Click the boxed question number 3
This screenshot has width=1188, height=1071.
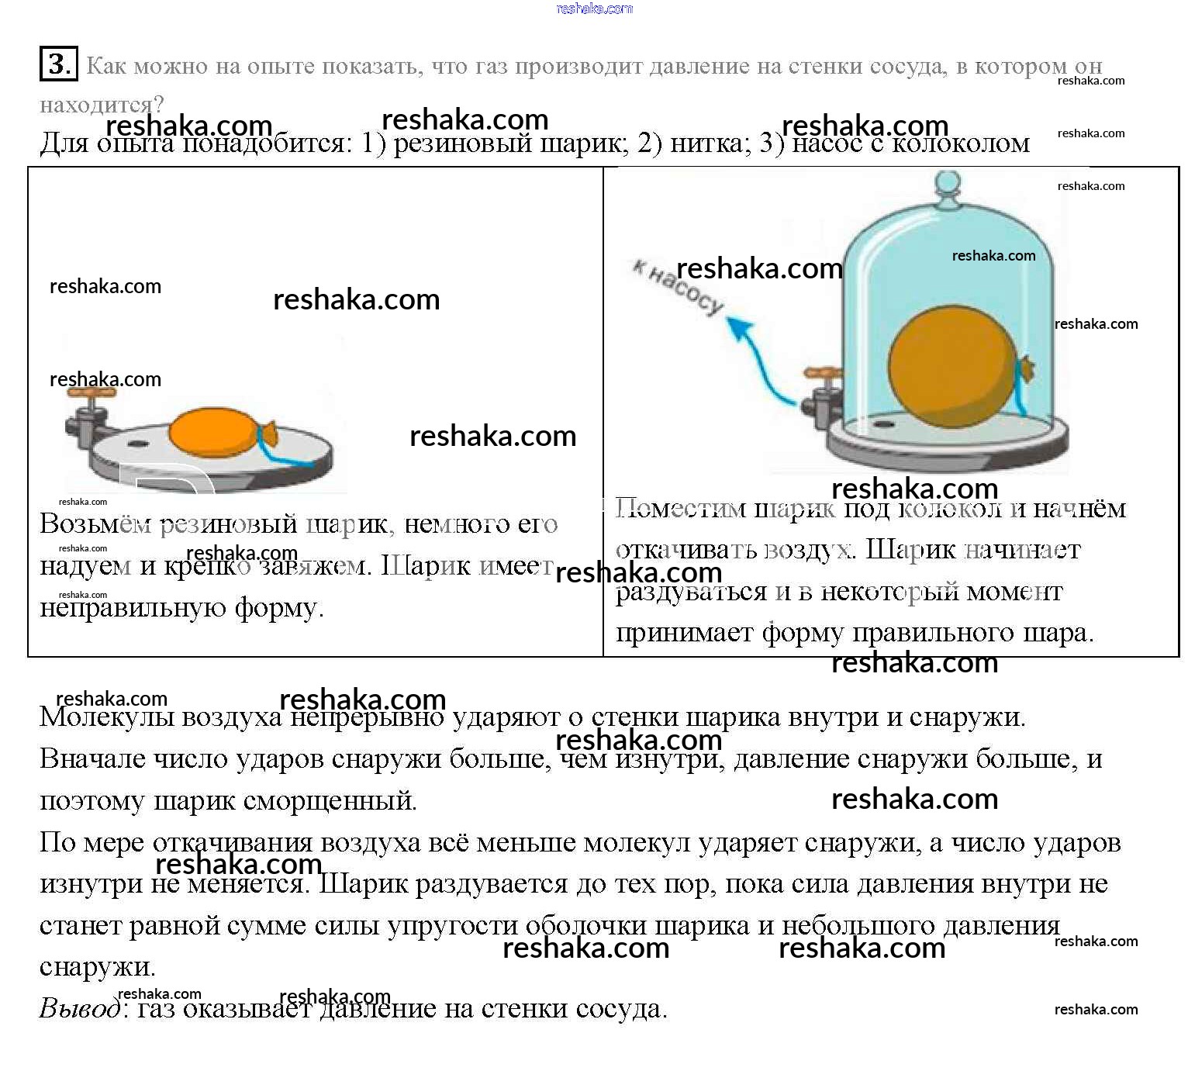click(58, 64)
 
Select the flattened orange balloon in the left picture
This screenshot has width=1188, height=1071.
click(213, 433)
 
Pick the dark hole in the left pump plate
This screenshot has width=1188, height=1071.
click(139, 444)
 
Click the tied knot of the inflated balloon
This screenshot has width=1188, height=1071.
click(1025, 369)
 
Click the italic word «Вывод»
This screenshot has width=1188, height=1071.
click(80, 1008)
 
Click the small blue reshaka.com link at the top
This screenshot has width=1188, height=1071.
click(594, 9)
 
